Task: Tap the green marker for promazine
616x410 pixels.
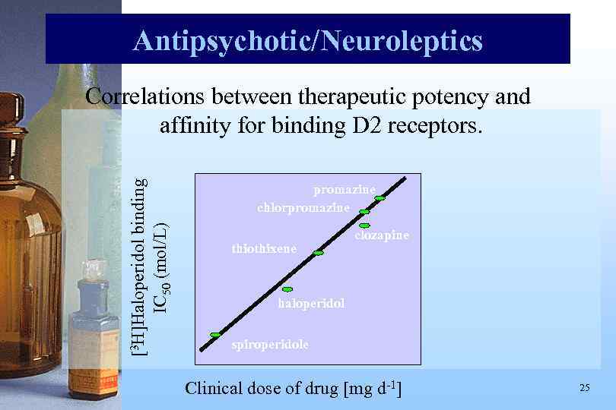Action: coord(379,198)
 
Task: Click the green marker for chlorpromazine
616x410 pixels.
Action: coord(364,212)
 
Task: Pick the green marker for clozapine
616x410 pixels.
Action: coord(364,225)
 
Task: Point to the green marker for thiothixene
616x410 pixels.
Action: coord(319,253)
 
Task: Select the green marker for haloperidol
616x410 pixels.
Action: coord(287,289)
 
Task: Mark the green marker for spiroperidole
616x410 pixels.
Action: coord(215,335)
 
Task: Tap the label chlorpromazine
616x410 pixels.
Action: coord(303,207)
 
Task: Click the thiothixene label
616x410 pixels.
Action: coord(263,249)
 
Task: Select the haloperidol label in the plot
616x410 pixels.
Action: coord(312,304)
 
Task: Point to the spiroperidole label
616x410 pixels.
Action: coord(270,344)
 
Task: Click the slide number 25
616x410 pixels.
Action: coord(584,388)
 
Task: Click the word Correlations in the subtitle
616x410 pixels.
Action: coord(146,97)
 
